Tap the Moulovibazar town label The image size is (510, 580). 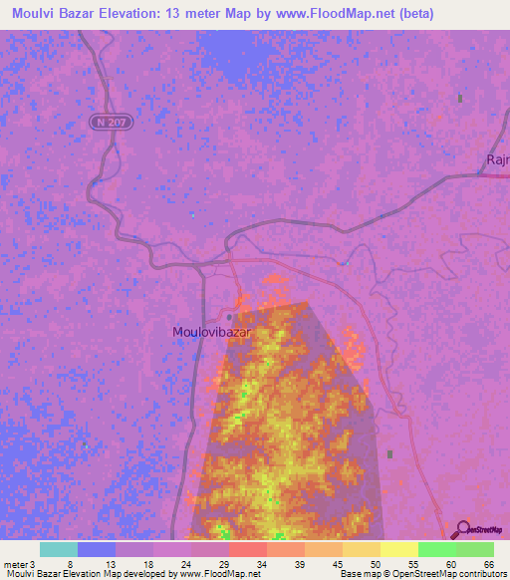(210, 332)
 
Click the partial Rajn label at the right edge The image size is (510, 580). (497, 159)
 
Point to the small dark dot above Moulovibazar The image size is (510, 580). (228, 317)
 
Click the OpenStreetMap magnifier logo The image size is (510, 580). (461, 529)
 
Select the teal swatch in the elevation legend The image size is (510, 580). (59, 549)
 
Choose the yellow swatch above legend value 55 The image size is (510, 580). (399, 549)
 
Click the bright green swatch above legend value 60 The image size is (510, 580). (437, 549)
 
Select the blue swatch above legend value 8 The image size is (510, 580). (97, 549)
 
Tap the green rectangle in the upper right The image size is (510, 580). (459, 99)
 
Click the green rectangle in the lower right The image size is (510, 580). (389, 454)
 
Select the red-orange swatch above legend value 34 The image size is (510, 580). (248, 549)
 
